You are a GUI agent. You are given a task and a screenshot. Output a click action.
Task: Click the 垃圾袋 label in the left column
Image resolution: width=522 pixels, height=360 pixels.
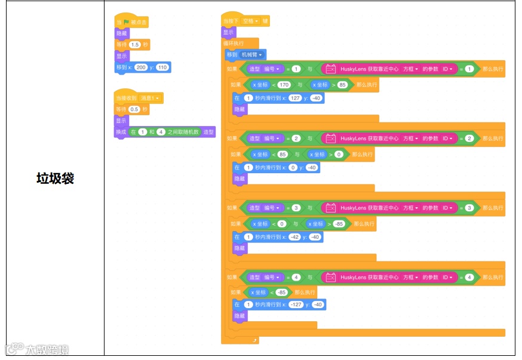[55, 178]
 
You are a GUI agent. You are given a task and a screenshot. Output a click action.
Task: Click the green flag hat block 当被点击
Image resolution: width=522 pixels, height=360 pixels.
[131, 22]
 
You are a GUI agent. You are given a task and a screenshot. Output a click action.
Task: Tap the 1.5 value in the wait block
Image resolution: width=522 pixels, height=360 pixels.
[135, 45]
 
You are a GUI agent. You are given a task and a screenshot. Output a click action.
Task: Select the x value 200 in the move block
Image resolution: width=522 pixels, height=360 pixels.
[141, 67]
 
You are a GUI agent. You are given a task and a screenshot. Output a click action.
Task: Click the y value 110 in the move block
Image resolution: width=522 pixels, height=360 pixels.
[162, 67]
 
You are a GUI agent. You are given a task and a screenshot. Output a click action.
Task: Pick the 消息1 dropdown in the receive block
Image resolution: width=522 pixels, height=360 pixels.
[151, 99]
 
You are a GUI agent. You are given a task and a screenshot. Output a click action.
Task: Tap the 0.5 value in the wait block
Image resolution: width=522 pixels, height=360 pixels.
[135, 110]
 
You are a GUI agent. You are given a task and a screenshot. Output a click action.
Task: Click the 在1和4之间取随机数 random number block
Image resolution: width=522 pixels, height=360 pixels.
[165, 132]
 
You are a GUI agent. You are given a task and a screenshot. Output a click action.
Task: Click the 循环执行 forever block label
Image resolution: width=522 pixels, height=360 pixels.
[234, 44]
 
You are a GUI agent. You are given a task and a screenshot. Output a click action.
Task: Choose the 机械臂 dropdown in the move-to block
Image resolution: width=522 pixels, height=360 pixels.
[252, 55]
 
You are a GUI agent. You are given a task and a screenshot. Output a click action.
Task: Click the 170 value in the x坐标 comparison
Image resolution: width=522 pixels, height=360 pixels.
[284, 85]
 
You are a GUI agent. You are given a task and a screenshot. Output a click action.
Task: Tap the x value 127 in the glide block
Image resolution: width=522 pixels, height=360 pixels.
[295, 98]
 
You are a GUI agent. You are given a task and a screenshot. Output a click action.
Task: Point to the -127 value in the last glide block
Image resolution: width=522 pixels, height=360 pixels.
[296, 304]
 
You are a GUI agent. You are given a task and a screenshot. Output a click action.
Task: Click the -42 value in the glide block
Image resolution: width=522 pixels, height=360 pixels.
[294, 237]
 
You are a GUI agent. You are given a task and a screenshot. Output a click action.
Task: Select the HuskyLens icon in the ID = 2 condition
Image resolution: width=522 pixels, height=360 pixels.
[330, 139]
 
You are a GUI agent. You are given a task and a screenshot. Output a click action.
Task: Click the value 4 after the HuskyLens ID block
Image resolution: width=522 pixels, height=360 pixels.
[469, 278]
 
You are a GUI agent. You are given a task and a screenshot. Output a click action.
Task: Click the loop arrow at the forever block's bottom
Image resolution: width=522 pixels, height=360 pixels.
[255, 340]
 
